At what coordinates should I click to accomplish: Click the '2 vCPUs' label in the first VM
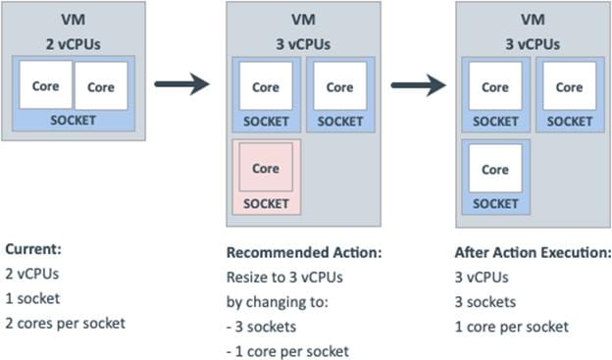pyautogui.click(x=74, y=43)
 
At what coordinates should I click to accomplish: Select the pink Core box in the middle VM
pyautogui.click(x=266, y=168)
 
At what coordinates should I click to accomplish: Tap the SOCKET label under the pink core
pyautogui.click(x=266, y=203)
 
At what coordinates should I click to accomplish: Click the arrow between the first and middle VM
pyautogui.click(x=182, y=84)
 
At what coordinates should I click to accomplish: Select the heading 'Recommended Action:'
pyautogui.click(x=304, y=252)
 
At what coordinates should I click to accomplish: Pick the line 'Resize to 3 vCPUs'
pyautogui.click(x=284, y=277)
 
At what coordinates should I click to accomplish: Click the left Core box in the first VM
pyautogui.click(x=45, y=86)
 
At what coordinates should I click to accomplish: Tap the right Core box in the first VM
pyautogui.click(x=101, y=86)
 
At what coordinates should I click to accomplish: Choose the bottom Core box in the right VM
pyautogui.click(x=495, y=168)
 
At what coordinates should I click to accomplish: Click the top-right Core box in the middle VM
pyautogui.click(x=340, y=86)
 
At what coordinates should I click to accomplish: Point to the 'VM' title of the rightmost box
pyautogui.click(x=533, y=21)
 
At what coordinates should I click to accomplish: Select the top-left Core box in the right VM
pyautogui.click(x=495, y=86)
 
